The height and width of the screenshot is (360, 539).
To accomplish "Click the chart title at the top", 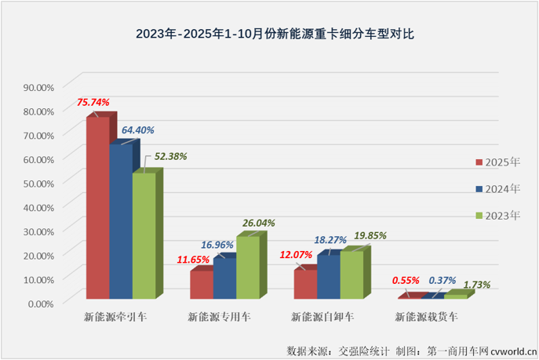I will tap(269, 34).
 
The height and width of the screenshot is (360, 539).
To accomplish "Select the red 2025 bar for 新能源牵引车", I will tap(97, 208).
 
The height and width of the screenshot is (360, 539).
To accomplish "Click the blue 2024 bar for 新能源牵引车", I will tap(121, 221).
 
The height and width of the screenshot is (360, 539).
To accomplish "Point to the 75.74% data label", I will tap(93, 102).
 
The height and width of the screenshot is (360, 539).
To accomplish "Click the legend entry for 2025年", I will tap(497, 162).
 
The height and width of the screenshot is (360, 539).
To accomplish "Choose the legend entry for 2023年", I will tap(497, 214).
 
